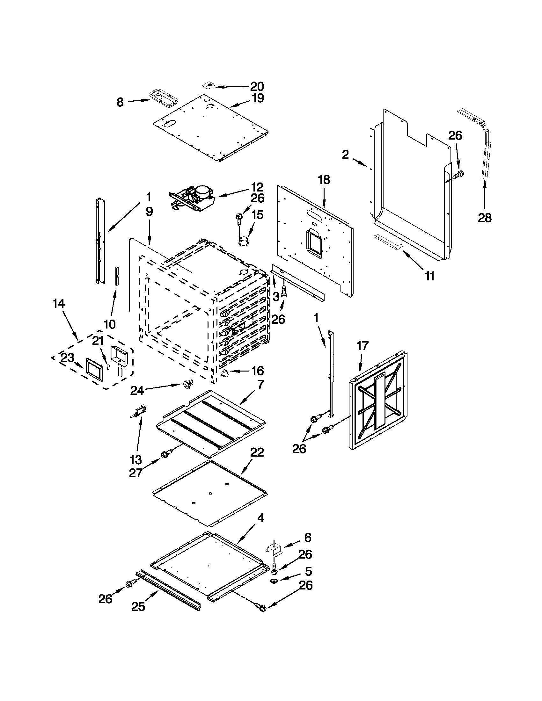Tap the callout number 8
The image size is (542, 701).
120,102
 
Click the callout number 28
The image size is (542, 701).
485,218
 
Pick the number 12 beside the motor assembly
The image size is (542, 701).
257,187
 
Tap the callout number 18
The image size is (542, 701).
324,180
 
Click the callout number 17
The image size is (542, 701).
363,346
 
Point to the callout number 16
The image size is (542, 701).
257,371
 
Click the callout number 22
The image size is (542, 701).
257,452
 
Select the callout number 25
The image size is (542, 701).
138,606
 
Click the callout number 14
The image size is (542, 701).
59,303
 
